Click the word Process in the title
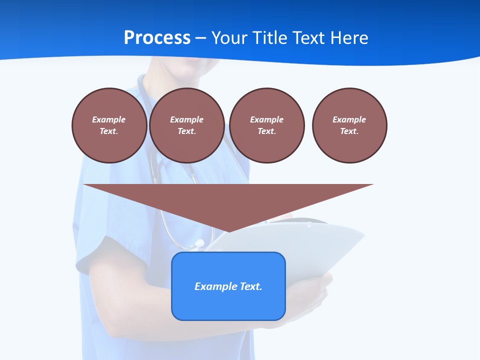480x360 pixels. coord(157,38)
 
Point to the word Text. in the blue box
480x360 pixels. coord(251,286)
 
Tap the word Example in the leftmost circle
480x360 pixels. coord(109,119)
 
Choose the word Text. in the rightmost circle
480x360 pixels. coord(349,131)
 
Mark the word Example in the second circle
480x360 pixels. coord(186,119)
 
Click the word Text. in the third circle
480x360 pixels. coord(266,131)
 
